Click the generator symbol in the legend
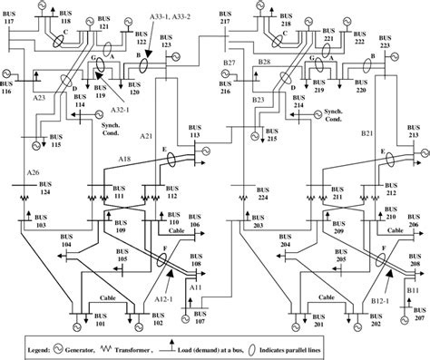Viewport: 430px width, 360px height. click(89, 347)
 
